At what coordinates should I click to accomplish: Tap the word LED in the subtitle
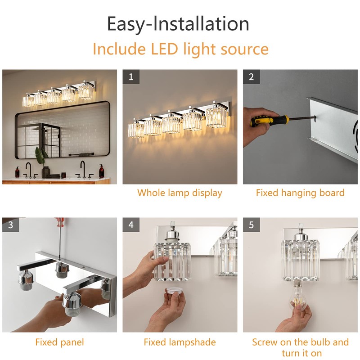pyautogui.click(x=164, y=49)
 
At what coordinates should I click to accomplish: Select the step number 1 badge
pyautogui.click(x=131, y=76)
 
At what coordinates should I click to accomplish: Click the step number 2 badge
pyautogui.click(x=252, y=76)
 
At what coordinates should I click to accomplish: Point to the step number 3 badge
pyautogui.click(x=10, y=225)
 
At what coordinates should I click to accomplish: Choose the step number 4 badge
pyautogui.click(x=131, y=225)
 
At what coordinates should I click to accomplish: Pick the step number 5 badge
pyautogui.click(x=252, y=225)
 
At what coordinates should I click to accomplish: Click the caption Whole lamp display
pyautogui.click(x=180, y=193)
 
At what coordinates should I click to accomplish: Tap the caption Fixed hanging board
pyautogui.click(x=300, y=193)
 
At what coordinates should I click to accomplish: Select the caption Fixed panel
pyautogui.click(x=60, y=342)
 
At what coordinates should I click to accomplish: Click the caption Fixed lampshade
pyautogui.click(x=180, y=342)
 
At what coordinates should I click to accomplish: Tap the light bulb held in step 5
pyautogui.click(x=298, y=298)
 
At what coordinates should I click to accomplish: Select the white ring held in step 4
pyautogui.click(x=174, y=294)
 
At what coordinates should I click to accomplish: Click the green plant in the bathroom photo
pyautogui.click(x=41, y=157)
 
